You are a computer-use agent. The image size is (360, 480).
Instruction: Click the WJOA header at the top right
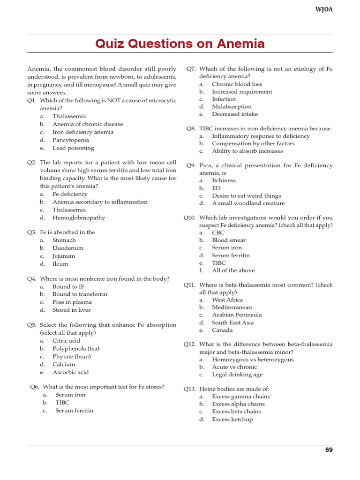[324, 9]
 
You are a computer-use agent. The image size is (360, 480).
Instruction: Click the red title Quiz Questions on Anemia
[180, 44]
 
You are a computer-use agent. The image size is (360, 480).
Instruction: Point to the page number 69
[329, 450]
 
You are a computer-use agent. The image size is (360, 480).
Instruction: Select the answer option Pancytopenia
[71, 140]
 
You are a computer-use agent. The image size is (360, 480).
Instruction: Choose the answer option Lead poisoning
[73, 148]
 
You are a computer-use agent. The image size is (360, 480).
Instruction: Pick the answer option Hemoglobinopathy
[79, 217]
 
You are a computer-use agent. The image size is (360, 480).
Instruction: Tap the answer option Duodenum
[68, 248]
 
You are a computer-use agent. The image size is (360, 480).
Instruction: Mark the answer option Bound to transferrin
[80, 294]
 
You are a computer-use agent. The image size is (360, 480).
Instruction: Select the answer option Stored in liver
[72, 310]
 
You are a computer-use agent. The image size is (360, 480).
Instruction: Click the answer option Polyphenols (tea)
[76, 348]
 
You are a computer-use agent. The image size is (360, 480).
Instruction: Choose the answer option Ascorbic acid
[70, 372]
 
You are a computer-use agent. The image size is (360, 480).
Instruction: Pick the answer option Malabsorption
[232, 106]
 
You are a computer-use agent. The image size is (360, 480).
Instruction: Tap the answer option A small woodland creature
[248, 203]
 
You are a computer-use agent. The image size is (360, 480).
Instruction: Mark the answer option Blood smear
[229, 240]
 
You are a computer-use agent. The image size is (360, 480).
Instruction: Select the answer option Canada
[222, 330]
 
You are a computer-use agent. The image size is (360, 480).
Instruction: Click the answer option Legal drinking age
[237, 375]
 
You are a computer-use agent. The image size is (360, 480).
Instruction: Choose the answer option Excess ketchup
[232, 419]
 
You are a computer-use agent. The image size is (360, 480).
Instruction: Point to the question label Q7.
[191, 68]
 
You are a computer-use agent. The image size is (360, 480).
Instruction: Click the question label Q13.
[189, 389]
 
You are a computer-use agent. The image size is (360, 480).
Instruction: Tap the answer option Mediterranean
[233, 307]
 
